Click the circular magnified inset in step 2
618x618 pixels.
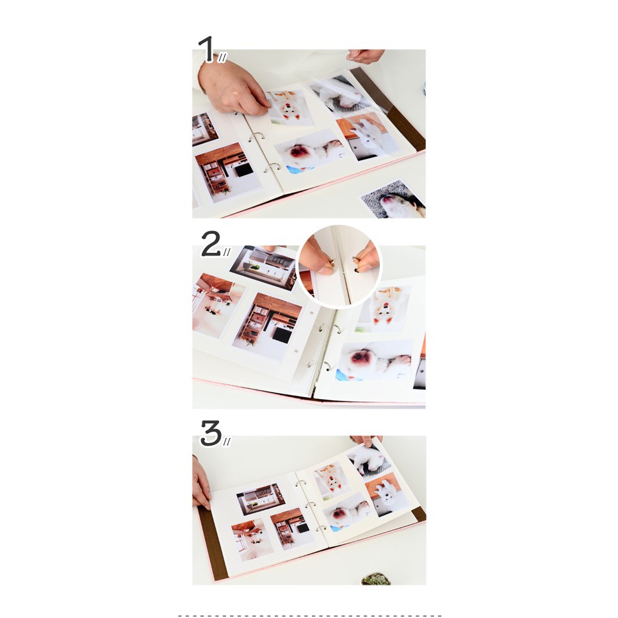[x=340, y=266]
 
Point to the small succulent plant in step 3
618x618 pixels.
[x=376, y=578]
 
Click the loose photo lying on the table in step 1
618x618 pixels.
[x=394, y=199]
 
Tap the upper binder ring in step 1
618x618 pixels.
[x=257, y=137]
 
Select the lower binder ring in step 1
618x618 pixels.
[x=272, y=168]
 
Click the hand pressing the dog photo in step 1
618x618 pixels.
[x=232, y=88]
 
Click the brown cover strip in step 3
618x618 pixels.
[x=213, y=543]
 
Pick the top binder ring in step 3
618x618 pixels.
[x=301, y=483]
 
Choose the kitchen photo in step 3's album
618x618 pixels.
[x=261, y=499]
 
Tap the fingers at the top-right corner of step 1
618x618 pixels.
[x=366, y=56]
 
